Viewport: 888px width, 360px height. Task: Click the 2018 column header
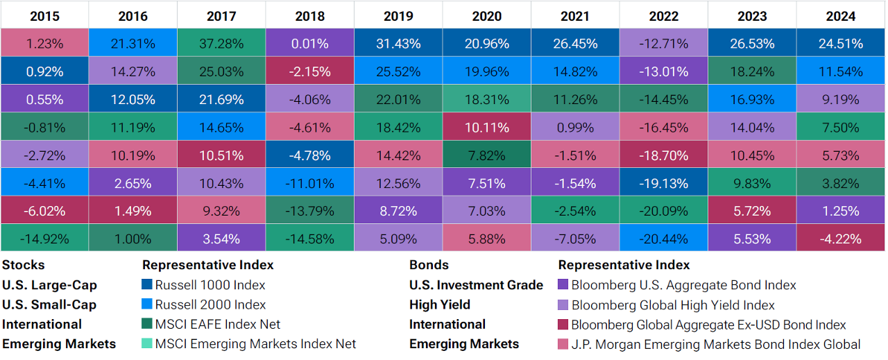[309, 15]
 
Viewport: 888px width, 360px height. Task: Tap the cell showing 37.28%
[221, 44]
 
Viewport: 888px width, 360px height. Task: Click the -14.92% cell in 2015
[44, 239]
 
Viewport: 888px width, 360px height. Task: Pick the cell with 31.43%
[398, 44]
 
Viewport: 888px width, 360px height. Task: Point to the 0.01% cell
[309, 44]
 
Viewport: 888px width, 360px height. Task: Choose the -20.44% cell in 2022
[663, 239]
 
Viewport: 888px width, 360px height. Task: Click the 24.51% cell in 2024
[840, 44]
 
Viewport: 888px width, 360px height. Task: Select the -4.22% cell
[840, 239]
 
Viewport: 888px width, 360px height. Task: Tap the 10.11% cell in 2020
[486, 128]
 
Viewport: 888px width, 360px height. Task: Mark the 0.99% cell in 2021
[575, 128]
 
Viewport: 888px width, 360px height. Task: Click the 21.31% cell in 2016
[133, 44]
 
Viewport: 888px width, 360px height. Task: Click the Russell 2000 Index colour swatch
[146, 305]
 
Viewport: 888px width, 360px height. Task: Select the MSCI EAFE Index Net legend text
[218, 324]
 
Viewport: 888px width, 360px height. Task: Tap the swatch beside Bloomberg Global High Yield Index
[563, 305]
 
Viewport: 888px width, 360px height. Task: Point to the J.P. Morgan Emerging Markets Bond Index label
[716, 344]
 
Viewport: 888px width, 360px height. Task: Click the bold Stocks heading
[23, 265]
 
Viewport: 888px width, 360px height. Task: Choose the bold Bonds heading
[429, 265]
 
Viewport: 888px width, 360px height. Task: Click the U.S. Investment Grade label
[476, 285]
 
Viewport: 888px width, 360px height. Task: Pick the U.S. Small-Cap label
[49, 305]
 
